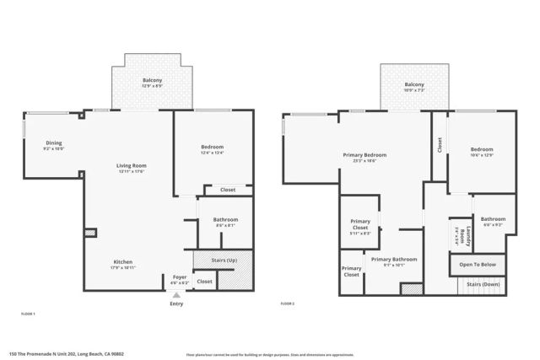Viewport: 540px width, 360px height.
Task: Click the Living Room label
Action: tap(132, 165)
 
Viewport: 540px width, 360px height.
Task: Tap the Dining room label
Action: tap(53, 142)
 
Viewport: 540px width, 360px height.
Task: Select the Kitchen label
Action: tap(123, 261)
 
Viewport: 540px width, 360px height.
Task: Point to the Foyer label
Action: tap(180, 277)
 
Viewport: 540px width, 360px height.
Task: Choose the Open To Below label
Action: tap(478, 265)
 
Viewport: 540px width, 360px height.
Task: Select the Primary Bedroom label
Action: tap(364, 155)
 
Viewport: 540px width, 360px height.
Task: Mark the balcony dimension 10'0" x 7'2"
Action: tap(413, 90)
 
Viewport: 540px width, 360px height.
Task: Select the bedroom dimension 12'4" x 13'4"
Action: tap(212, 153)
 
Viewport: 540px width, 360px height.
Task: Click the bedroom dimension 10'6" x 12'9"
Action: tap(482, 156)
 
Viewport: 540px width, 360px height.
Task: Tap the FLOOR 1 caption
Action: tap(27, 313)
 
